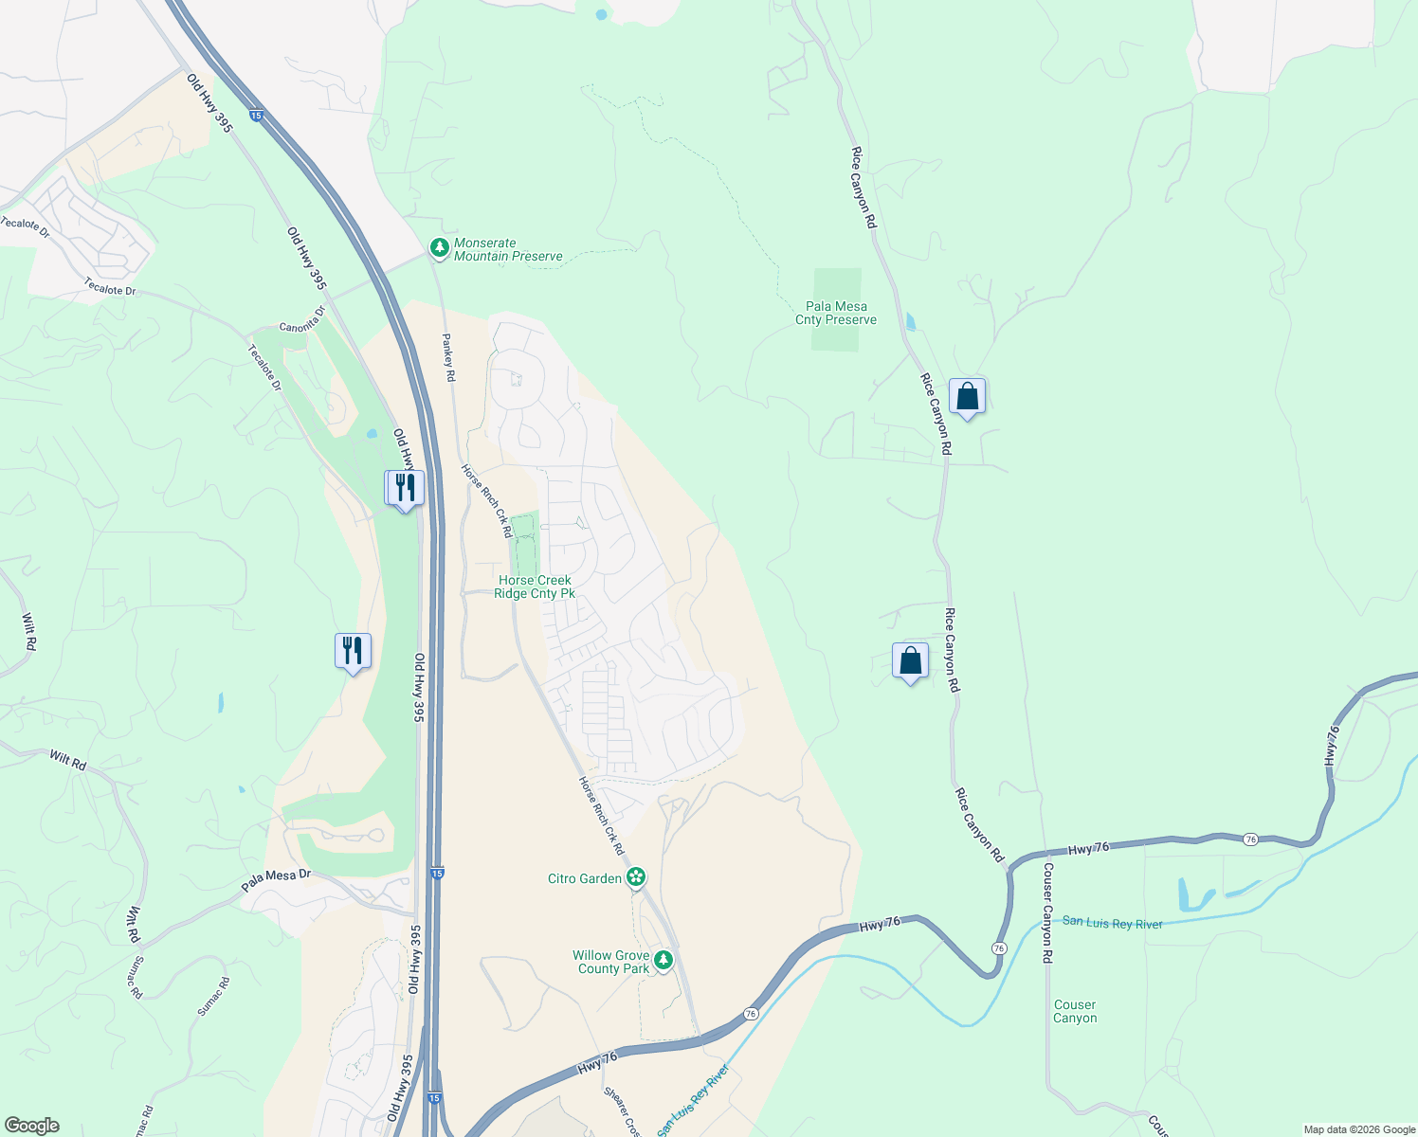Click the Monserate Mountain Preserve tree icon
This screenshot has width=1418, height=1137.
pos(439,248)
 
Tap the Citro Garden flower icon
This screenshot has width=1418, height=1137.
pos(636,877)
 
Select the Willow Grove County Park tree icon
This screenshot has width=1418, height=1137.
pos(664,961)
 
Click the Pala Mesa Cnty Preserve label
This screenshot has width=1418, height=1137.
pos(836,313)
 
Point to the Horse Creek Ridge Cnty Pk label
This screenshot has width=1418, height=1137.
pos(535,587)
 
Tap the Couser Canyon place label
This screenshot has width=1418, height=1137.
pos(1075,1011)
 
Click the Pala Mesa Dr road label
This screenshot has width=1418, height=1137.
pos(276,880)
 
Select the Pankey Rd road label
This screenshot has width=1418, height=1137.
pos(448,356)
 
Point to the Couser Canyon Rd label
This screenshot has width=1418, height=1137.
pos(1047,912)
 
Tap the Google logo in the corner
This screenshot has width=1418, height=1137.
pos(31,1126)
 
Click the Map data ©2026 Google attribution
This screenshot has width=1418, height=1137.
pos(1358,1129)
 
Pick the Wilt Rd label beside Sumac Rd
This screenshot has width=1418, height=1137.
pos(135,925)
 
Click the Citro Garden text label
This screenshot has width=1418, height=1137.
pos(585,878)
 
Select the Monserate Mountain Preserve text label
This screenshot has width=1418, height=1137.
pos(508,249)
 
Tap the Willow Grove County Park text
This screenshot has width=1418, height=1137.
pos(611,962)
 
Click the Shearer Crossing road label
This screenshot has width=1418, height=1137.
pos(621,1111)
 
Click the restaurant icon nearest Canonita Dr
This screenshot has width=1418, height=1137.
pos(405,489)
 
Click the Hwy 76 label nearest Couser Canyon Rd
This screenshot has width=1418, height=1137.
pos(1087,849)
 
